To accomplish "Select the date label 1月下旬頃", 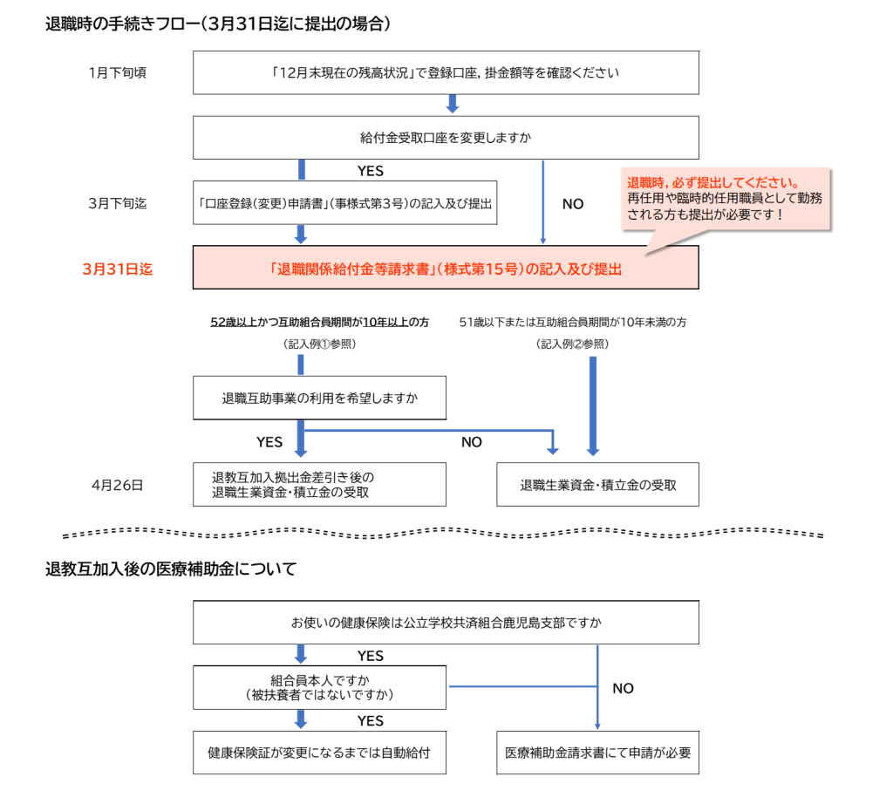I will click(118, 72).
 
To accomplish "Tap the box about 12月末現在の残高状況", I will click(445, 72).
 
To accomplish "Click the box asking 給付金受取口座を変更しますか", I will click(445, 138).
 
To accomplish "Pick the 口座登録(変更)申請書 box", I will click(344, 203).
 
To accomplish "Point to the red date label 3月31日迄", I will click(118, 269).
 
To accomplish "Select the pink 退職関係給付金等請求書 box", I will click(445, 269).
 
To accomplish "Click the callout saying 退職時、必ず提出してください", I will click(724, 198).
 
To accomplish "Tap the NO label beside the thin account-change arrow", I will click(573, 204).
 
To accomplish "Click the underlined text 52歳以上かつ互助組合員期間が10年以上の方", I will click(320, 323).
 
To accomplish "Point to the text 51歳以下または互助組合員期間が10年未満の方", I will click(573, 323).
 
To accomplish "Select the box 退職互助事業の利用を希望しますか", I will click(319, 399).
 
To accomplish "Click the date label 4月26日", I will click(118, 485).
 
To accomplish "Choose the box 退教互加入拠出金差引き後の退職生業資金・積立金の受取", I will click(319, 485).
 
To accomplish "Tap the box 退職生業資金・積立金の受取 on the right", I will click(597, 485).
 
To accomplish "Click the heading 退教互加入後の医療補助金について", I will click(171, 570).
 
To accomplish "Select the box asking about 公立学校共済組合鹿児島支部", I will click(445, 623).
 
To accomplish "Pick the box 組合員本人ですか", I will click(319, 688).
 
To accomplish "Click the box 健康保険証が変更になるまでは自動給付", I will click(319, 752).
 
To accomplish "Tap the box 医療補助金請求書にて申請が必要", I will click(597, 752).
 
